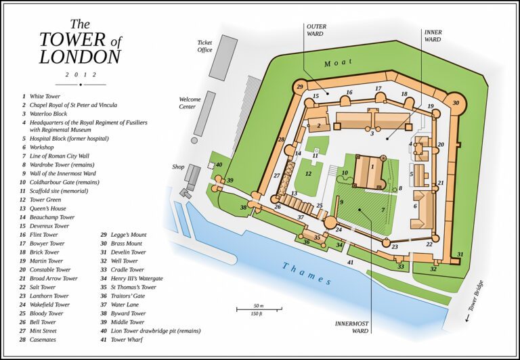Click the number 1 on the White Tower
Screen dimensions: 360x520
point(372,165)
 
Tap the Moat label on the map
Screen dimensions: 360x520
point(339,63)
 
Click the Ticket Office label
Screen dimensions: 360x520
point(204,45)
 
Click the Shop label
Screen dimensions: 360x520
point(178,166)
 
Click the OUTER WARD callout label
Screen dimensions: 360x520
point(317,30)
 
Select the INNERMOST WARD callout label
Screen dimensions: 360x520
point(351,328)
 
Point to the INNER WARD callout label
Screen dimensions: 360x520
point(433,35)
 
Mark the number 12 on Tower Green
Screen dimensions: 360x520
point(307,174)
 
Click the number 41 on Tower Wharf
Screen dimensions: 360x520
point(350,262)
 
